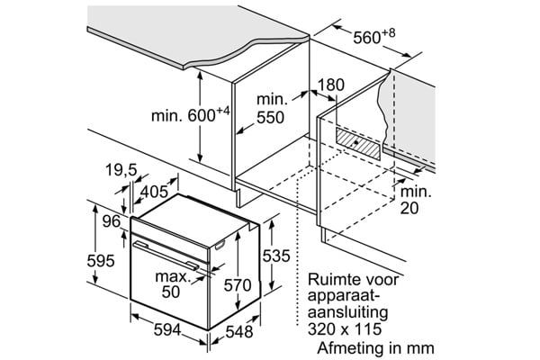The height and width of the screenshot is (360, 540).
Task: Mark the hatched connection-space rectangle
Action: click(x=359, y=142)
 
